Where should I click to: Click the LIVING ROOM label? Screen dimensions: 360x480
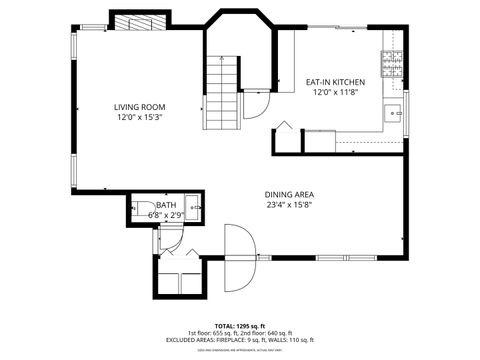139,107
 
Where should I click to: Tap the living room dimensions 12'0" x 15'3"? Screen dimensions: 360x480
139,117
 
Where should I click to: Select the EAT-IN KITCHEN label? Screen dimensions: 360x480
335,82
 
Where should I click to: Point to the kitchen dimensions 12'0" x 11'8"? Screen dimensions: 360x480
335,92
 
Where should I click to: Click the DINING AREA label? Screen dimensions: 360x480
291,195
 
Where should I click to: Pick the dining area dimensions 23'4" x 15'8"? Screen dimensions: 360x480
291,205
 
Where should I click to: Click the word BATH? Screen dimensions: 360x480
165,205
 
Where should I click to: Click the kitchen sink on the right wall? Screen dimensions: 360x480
396,112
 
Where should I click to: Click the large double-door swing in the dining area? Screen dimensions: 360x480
240,258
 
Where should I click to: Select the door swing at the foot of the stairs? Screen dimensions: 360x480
258,105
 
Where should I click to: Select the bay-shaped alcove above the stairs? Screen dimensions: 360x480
240,35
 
